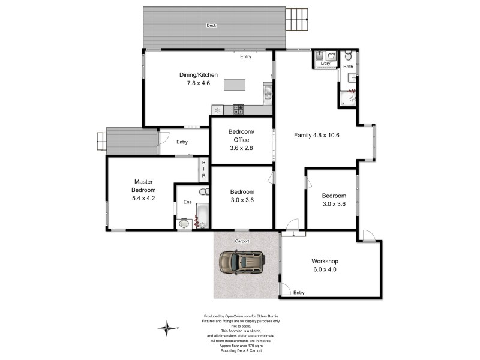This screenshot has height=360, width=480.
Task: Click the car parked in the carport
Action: pos(242,263)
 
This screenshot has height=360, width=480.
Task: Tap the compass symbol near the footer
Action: pos(166,328)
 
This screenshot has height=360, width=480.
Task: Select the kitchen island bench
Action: pos(236,85)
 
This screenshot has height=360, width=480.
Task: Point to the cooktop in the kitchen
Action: pos(238,109)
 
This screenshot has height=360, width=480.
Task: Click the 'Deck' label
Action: pos(211,25)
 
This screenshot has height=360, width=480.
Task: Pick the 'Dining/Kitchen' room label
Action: pos(199,75)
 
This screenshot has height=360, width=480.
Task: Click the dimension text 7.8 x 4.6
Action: pos(199,83)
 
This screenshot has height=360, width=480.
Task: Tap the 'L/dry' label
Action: pos(325,64)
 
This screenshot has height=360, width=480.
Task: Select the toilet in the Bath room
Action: pos(349,56)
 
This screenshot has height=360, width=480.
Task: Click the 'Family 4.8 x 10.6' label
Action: pos(317,135)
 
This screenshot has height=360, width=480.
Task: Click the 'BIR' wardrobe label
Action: pos(203,170)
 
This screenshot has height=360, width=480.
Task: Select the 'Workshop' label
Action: pos(325,262)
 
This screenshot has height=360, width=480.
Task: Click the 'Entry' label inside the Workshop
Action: pos(299,293)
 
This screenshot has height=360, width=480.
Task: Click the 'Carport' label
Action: pos(241,241)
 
